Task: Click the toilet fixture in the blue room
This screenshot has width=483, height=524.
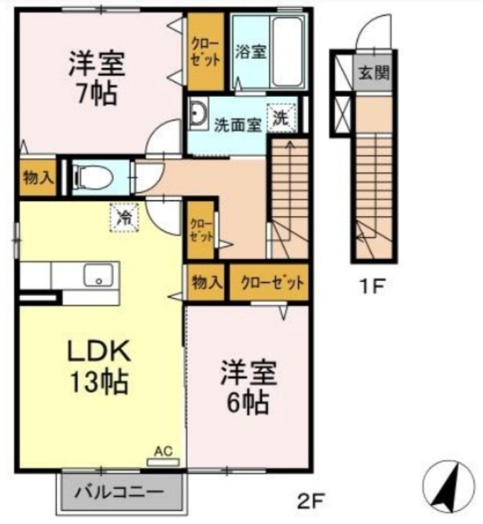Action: [x=92, y=177]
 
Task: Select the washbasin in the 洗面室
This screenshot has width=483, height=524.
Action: [x=198, y=113]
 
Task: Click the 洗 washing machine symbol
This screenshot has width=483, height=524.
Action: [x=281, y=117]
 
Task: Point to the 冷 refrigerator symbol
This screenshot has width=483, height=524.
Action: [x=124, y=217]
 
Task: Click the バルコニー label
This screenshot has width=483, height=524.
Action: [x=119, y=493]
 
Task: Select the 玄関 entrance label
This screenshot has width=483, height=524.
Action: [x=374, y=72]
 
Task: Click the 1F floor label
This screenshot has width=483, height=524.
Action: [x=372, y=286]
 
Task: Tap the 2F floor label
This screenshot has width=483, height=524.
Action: [x=309, y=501]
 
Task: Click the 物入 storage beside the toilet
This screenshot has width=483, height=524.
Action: [x=38, y=178]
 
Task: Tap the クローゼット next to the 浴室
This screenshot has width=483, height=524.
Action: [x=205, y=52]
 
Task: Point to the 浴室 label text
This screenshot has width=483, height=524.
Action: [x=251, y=52]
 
